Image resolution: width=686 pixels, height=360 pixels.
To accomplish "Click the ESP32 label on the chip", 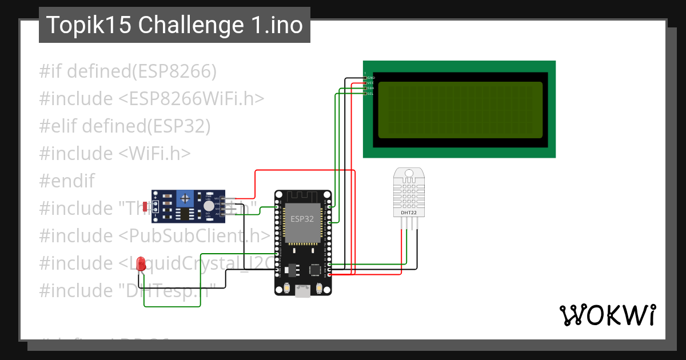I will point(302,219).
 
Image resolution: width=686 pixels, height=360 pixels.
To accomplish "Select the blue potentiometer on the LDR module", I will point(185,198).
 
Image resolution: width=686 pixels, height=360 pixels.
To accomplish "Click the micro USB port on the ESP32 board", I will point(302,292).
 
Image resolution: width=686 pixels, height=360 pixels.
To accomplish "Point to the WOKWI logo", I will point(607,315).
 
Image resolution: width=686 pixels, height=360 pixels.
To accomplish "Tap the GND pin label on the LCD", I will point(371,77).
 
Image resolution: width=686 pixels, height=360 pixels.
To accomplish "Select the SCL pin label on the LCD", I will point(370,94).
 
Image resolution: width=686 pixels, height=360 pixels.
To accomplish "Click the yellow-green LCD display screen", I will point(460,110).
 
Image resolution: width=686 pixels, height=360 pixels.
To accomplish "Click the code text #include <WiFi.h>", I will point(115,154).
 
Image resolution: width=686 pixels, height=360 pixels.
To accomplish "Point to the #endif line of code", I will point(67,181).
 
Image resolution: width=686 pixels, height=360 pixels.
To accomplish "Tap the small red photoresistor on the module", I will point(145,205).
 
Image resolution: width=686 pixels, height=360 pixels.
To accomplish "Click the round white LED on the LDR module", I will point(209,206).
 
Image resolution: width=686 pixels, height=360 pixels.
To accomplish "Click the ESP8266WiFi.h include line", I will point(151,99).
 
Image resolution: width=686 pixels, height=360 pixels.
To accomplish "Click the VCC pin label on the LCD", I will point(370,83).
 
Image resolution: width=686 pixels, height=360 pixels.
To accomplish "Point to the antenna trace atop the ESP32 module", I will point(302,196).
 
